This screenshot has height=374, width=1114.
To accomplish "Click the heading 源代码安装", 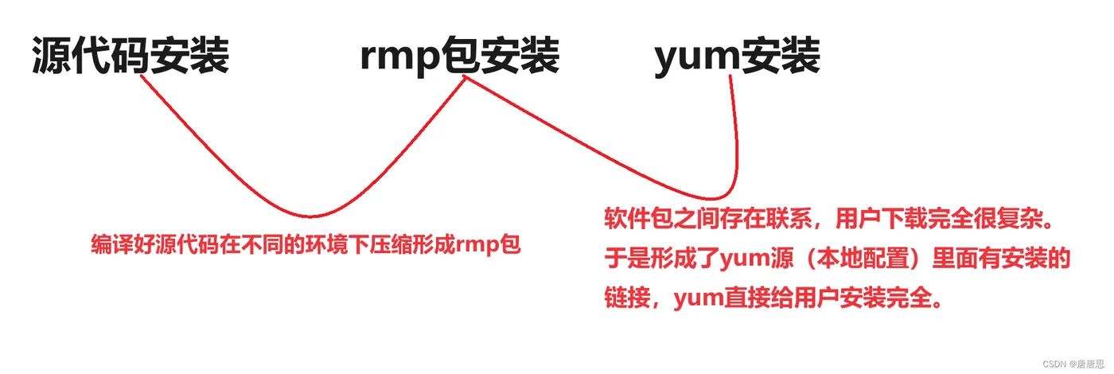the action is (130, 57).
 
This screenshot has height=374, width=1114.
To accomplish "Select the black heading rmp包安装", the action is (459, 57).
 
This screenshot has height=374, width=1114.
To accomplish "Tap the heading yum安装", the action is (737, 57).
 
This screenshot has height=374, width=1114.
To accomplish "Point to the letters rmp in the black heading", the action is (399, 59).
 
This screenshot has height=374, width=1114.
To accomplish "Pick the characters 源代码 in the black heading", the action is (81, 57).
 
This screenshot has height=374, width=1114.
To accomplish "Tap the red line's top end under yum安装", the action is (730, 76).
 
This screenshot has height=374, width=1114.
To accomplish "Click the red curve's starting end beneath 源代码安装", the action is (142, 76).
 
